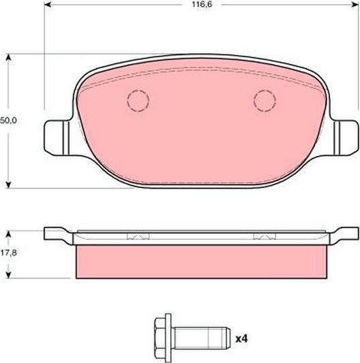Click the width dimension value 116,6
coord(202,5)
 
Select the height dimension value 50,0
coord(8,120)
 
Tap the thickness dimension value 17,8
coord(8,252)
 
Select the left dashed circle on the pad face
coord(138,101)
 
